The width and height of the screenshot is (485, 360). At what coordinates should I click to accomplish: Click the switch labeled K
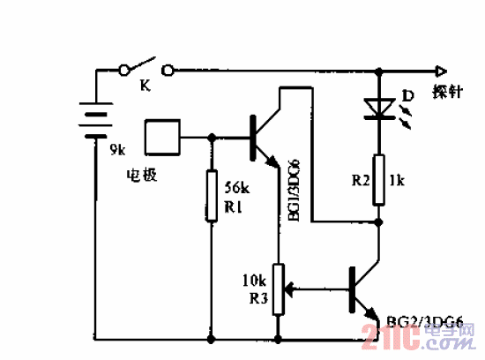pyautogui.click(x=143, y=66)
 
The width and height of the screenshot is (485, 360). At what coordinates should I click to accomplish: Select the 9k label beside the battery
pyautogui.click(x=117, y=151)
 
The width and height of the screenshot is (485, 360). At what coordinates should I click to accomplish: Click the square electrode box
pyautogui.click(x=163, y=138)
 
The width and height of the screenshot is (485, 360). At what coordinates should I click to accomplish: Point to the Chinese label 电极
pyautogui.click(x=141, y=175)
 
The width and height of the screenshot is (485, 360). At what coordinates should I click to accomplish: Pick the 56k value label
pyautogui.click(x=238, y=188)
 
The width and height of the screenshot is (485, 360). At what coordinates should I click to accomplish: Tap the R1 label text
pyautogui.click(x=234, y=207)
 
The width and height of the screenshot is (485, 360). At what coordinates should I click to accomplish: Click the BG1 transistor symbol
pyautogui.click(x=261, y=137)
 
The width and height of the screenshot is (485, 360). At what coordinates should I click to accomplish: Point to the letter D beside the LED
pyautogui.click(x=407, y=94)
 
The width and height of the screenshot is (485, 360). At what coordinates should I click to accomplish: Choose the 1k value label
pyautogui.click(x=396, y=182)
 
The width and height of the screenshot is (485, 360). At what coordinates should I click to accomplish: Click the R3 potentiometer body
pyautogui.click(x=280, y=289)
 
